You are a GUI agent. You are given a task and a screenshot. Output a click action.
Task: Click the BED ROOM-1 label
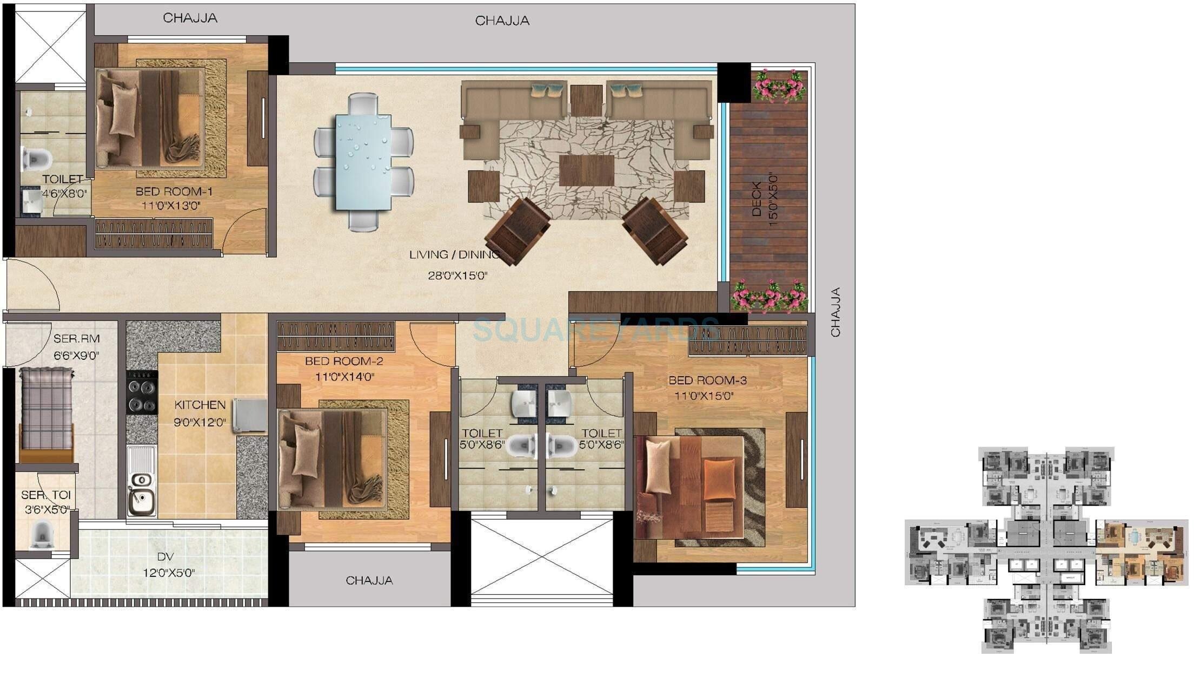(174, 192)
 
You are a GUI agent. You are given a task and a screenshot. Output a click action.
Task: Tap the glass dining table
(363, 161)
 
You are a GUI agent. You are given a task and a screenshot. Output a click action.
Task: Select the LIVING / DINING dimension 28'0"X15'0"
(457, 276)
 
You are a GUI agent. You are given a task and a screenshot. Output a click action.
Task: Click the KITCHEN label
(200, 405)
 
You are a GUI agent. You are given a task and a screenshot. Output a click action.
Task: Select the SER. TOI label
(46, 495)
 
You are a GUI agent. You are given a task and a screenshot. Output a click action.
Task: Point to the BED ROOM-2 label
(344, 361)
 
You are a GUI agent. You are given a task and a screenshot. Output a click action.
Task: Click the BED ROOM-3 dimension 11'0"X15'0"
(704, 396)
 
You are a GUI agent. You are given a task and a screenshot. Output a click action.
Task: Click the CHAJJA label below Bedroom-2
(369, 580)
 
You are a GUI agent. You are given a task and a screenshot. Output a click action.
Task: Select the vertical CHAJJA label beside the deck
(835, 312)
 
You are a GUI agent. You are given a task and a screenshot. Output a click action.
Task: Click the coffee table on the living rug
(586, 170)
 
